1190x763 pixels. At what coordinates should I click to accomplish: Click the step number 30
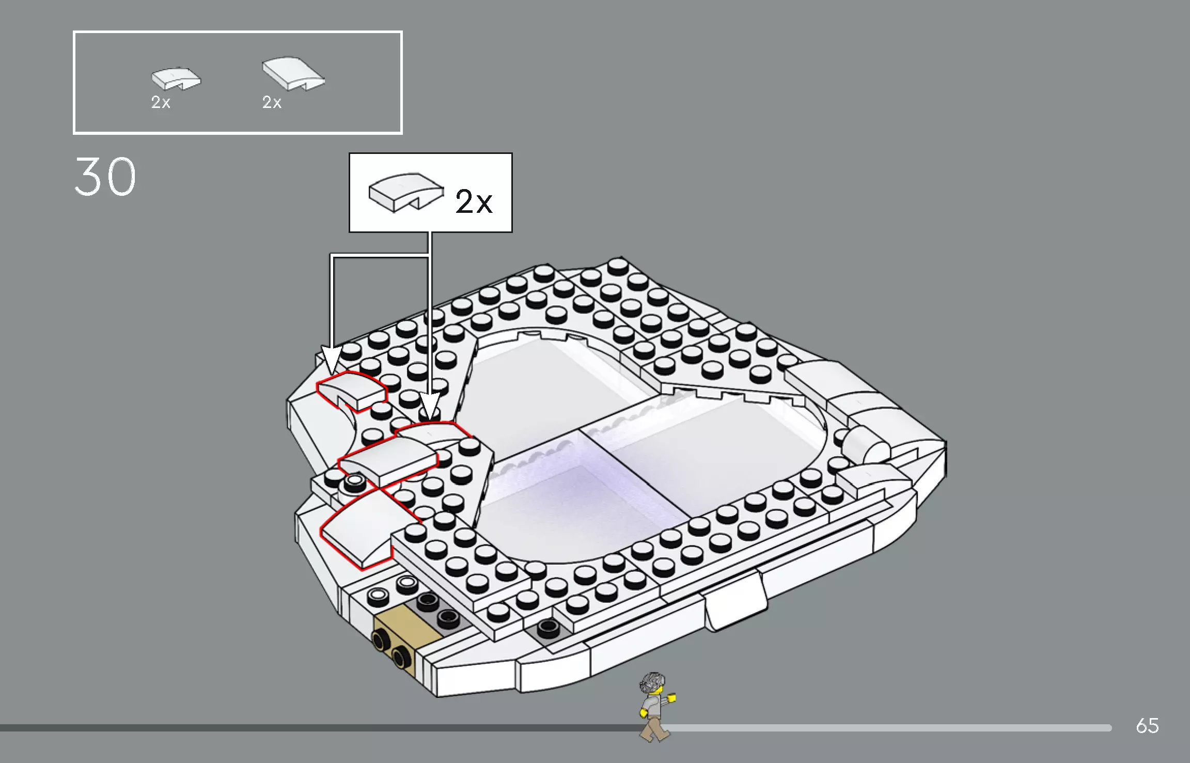click(105, 177)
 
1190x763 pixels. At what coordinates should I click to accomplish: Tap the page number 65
click(1147, 726)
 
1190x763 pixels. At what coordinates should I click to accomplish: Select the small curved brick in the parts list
click(175, 79)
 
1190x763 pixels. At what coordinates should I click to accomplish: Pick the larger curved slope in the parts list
click(293, 74)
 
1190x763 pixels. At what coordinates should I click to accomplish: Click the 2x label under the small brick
click(161, 102)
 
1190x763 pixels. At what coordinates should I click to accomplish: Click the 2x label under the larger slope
click(272, 102)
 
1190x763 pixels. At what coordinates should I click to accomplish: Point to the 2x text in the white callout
click(473, 201)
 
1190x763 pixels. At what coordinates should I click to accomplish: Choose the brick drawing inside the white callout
click(405, 191)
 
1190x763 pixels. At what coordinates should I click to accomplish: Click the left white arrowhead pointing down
click(331, 360)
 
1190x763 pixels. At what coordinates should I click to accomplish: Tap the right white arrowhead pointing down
click(430, 406)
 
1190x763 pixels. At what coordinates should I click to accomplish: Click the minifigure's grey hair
click(652, 682)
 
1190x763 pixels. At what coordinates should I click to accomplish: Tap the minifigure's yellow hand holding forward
click(671, 698)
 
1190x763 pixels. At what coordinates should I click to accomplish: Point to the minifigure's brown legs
click(653, 728)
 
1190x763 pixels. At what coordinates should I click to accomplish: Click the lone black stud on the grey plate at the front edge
click(547, 629)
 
